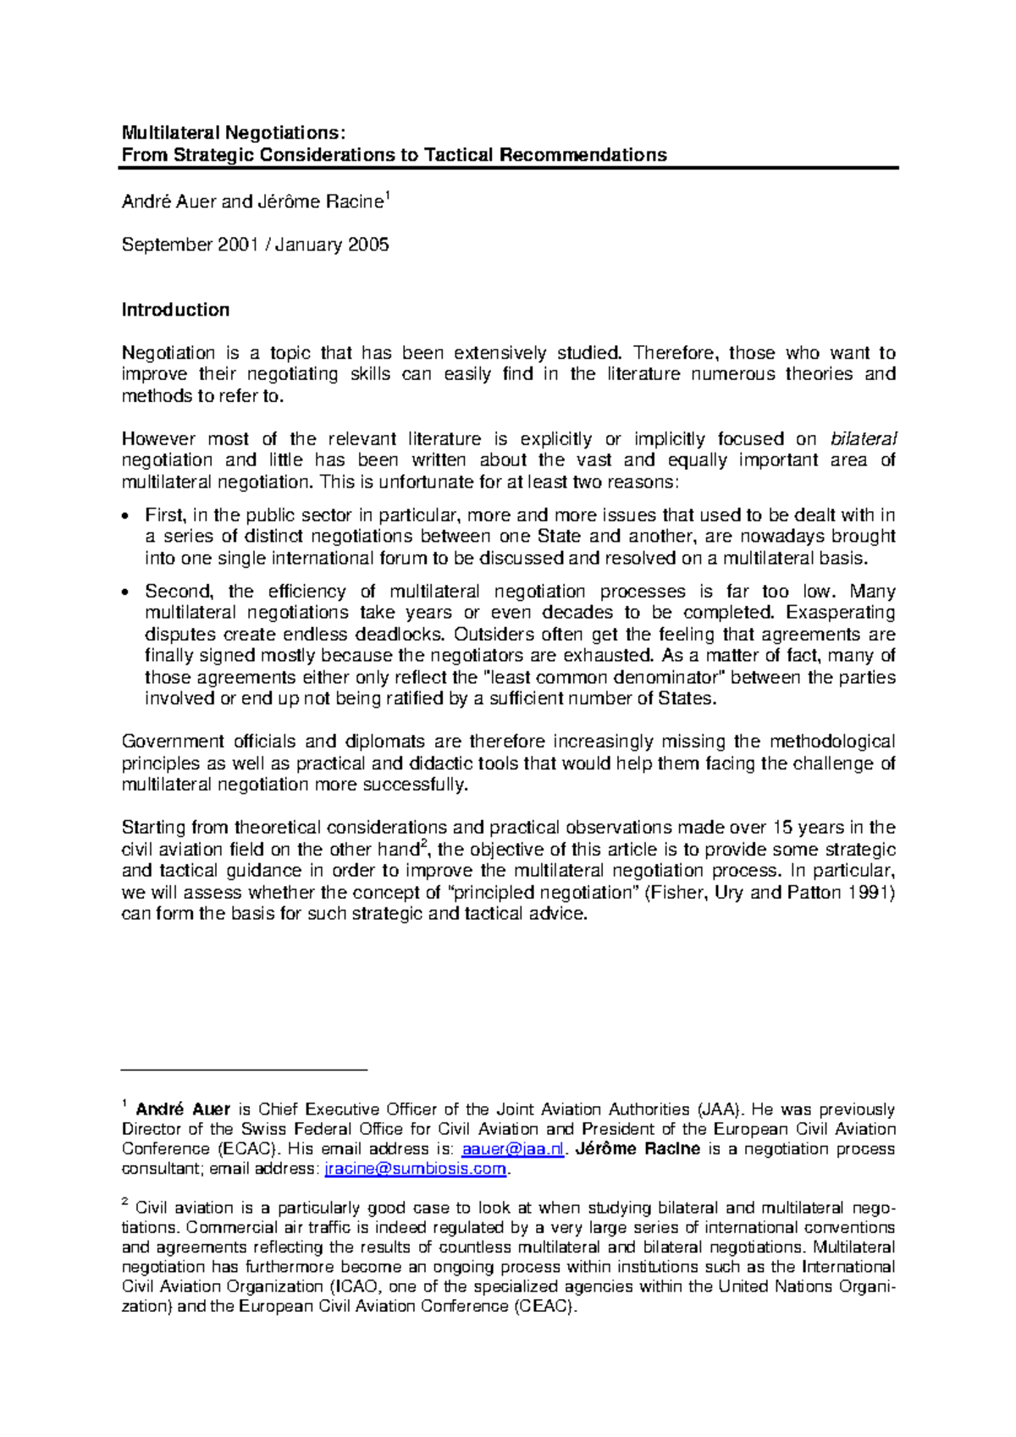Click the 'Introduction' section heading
[175, 310]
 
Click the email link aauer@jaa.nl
[512, 1149]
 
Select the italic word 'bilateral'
[863, 438]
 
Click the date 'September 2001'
[190, 245]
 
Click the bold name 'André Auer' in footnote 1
[183, 1109]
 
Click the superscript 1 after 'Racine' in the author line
[387, 196]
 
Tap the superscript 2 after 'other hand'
[424, 843]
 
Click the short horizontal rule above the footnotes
[244, 1071]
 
